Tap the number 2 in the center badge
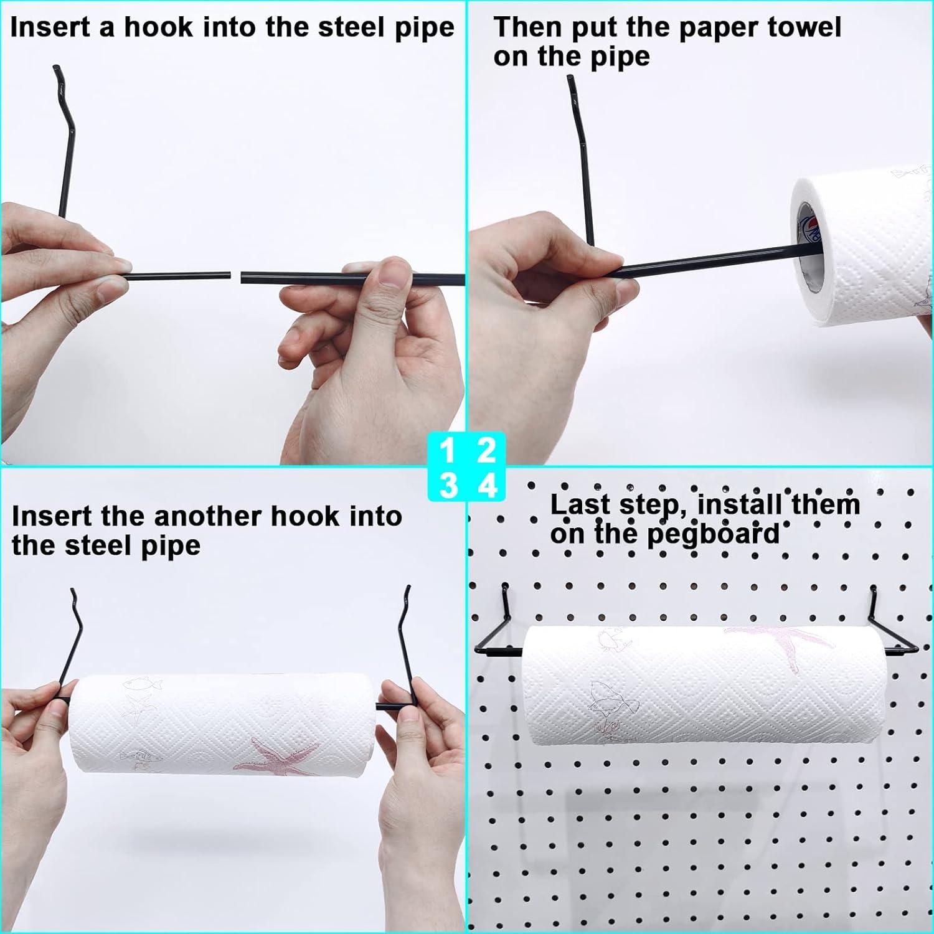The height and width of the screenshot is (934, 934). [x=486, y=450]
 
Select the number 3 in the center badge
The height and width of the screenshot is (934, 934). [x=448, y=485]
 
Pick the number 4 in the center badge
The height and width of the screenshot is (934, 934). [x=487, y=485]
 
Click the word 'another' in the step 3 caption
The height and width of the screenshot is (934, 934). [x=208, y=517]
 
